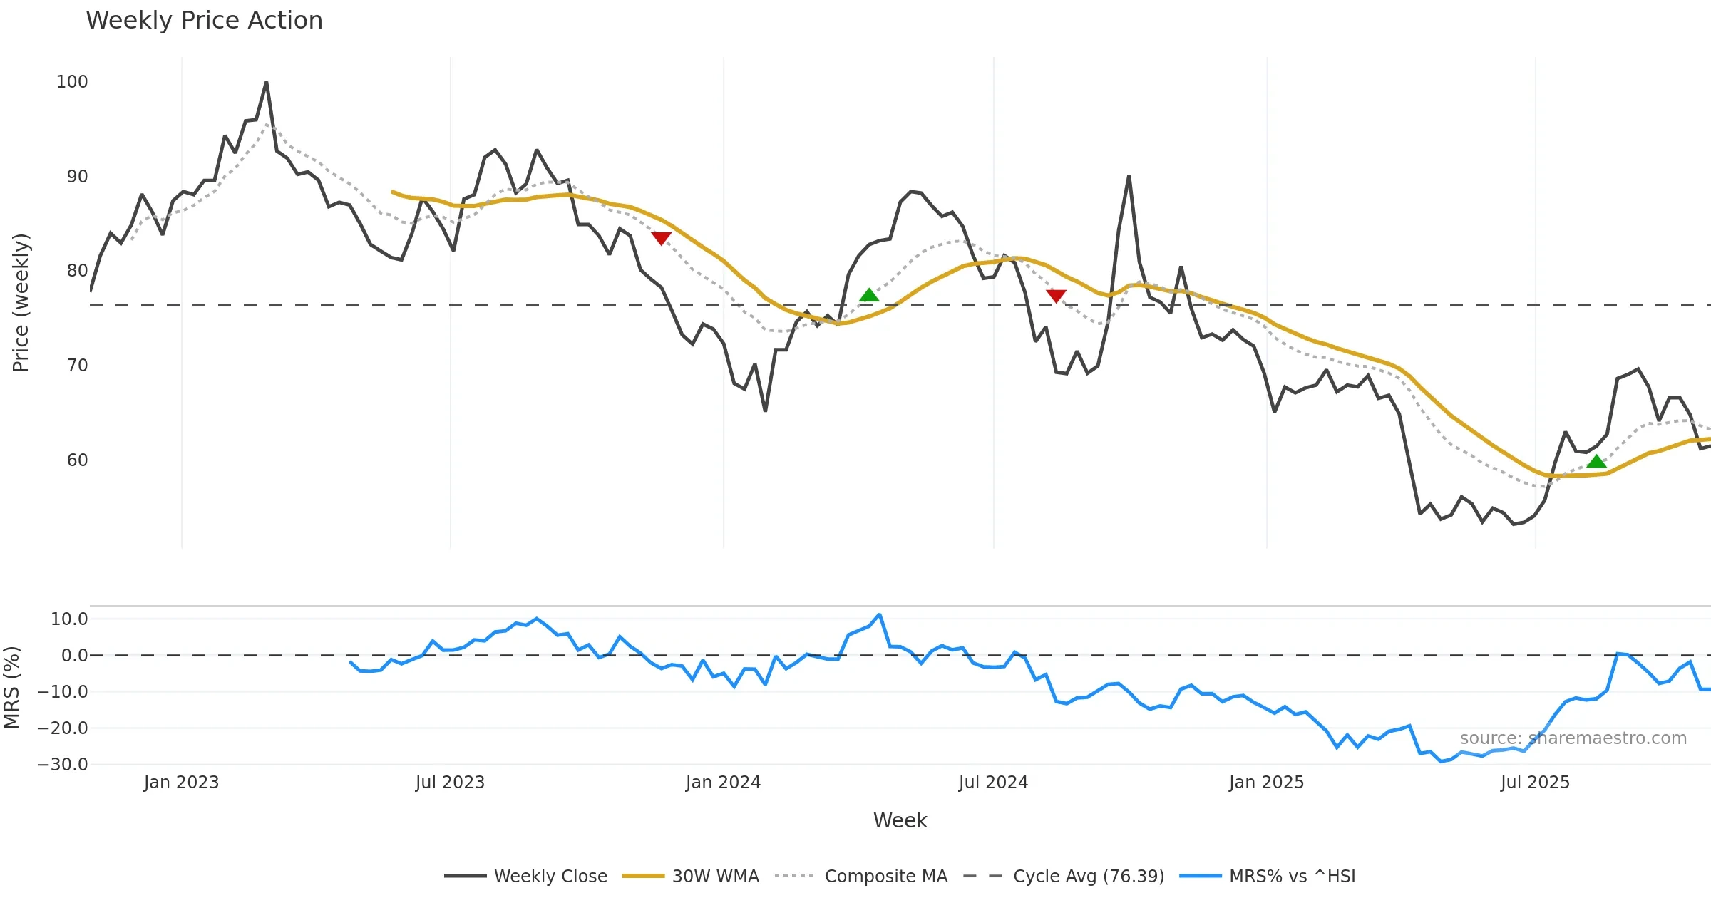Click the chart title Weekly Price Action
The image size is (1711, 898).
pyautogui.click(x=204, y=21)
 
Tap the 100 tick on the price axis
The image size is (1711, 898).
pyautogui.click(x=72, y=82)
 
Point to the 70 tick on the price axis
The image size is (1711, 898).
pyautogui.click(x=77, y=366)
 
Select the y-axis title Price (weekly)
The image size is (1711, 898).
pyautogui.click(x=21, y=303)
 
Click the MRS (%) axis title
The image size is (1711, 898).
pyautogui.click(x=11, y=688)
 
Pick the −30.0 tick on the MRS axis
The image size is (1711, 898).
pyautogui.click(x=63, y=765)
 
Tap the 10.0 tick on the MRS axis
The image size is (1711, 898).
pyautogui.click(x=69, y=619)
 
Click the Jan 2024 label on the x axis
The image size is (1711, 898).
pyautogui.click(x=723, y=783)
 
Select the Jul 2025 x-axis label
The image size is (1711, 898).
pyautogui.click(x=1535, y=783)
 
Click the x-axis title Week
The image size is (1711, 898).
pyautogui.click(x=900, y=821)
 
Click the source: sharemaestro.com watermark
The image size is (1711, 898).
pyautogui.click(x=1573, y=738)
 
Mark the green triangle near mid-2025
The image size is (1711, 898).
pyautogui.click(x=1597, y=462)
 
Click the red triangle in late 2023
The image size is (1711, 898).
pyautogui.click(x=662, y=238)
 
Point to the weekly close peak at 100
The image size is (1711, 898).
pyautogui.click(x=267, y=83)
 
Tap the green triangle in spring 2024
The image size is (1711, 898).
pyautogui.click(x=869, y=295)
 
